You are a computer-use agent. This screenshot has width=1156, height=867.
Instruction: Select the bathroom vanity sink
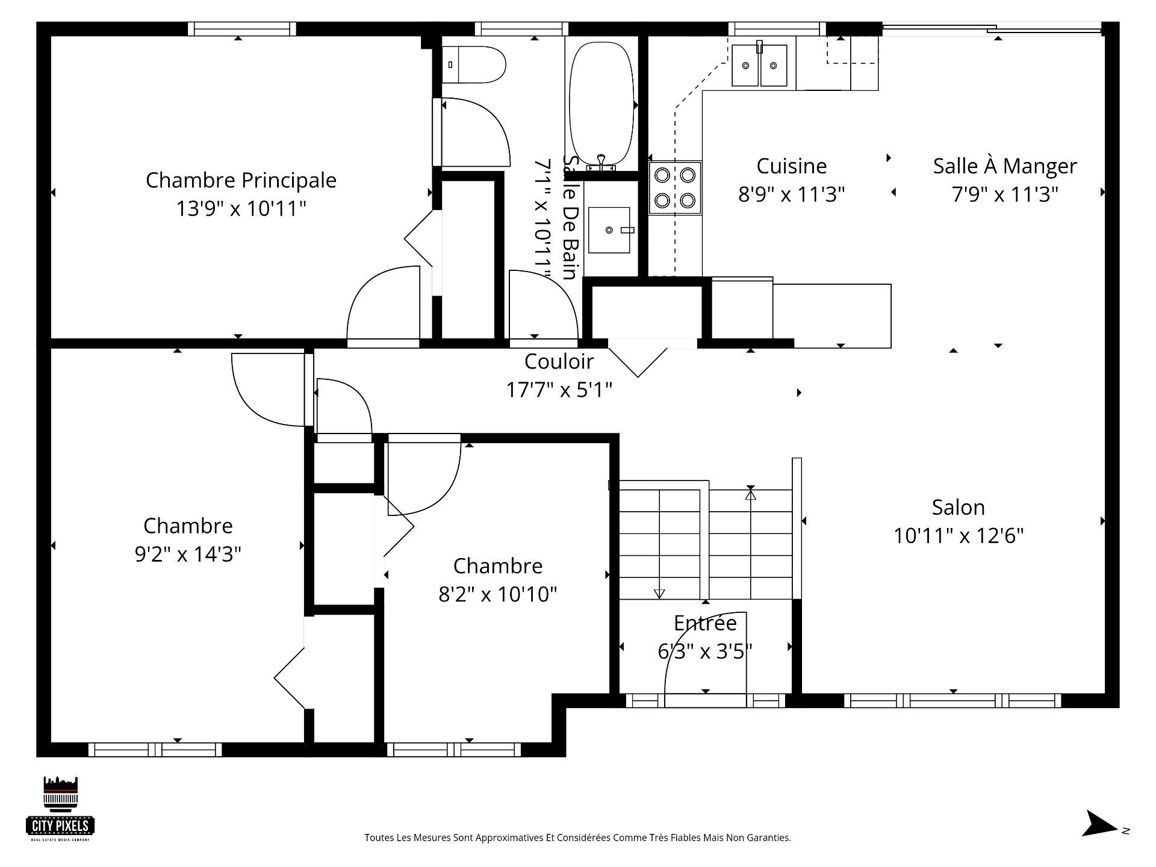[x=609, y=230]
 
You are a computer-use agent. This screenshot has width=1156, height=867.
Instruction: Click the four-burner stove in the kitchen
[x=675, y=187]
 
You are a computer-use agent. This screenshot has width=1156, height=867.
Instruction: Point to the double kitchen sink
[x=760, y=65]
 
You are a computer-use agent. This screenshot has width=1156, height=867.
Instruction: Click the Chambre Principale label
[x=241, y=180]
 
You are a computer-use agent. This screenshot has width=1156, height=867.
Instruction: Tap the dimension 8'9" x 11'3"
[x=791, y=194]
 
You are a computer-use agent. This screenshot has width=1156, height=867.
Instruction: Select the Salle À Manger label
[x=1004, y=166]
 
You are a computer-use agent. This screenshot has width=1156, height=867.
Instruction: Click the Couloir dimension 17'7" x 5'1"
[x=559, y=390]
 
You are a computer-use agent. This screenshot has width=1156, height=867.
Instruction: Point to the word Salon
[x=958, y=508]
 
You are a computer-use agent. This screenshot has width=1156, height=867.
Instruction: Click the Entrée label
[x=704, y=623]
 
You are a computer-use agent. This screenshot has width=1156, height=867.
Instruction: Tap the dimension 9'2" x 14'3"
[x=188, y=555]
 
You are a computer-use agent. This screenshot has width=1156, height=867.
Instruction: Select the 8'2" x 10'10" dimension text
[x=497, y=595]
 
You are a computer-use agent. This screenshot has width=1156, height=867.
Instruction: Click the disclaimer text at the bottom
[x=577, y=837]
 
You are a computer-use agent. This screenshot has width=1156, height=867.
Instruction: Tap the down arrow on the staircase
[x=659, y=594]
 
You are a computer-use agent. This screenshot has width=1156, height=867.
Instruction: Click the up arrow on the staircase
[x=750, y=495]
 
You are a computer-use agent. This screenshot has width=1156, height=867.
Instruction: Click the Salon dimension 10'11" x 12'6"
[x=958, y=536]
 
